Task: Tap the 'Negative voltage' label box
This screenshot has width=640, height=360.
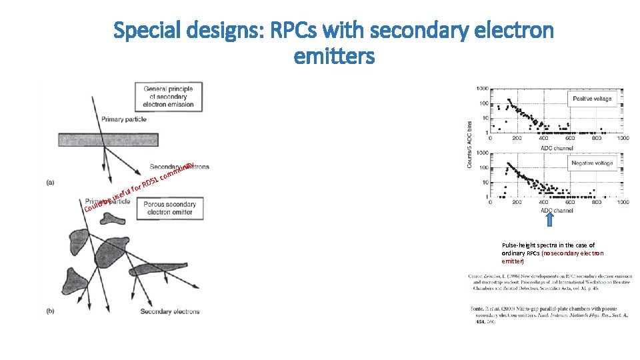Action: click(592, 163)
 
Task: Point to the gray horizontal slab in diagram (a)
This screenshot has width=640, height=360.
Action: click(127, 139)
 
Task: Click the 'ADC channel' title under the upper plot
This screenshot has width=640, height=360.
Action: click(556, 147)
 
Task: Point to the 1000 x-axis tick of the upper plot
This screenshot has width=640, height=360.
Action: click(621, 139)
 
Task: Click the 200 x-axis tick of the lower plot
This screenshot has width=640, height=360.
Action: click(517, 203)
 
